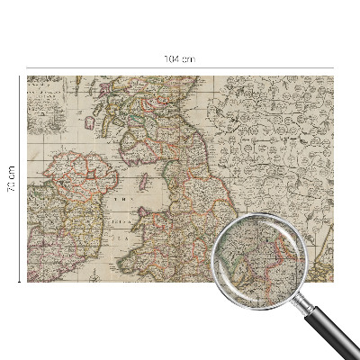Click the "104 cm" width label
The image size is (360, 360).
[180, 58]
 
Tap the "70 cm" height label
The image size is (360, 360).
[12, 178]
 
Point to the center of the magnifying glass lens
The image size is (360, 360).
[259, 261]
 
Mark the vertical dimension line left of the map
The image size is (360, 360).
[20, 225]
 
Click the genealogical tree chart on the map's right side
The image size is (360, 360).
[274, 135]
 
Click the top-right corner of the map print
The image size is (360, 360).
[332, 76]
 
